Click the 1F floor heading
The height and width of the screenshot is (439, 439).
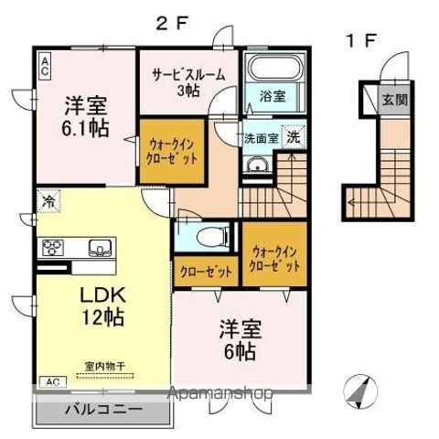360,41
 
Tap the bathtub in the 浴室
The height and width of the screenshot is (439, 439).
269,70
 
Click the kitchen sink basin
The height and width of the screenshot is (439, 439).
99,247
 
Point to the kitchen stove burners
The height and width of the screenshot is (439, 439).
52,247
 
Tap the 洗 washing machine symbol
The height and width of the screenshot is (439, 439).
292,137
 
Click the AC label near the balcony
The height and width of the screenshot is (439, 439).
52,380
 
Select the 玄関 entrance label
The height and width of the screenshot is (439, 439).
394,101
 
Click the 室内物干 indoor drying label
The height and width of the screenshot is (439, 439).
104,366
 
